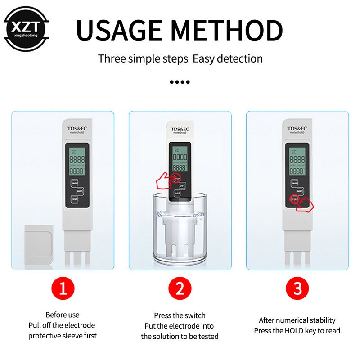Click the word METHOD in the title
[x=229, y=30]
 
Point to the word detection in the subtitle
[x=241, y=58]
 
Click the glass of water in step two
[x=180, y=229]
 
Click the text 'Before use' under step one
[x=63, y=315]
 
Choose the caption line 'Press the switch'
[x=180, y=316]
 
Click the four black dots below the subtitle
[x=180, y=82]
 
